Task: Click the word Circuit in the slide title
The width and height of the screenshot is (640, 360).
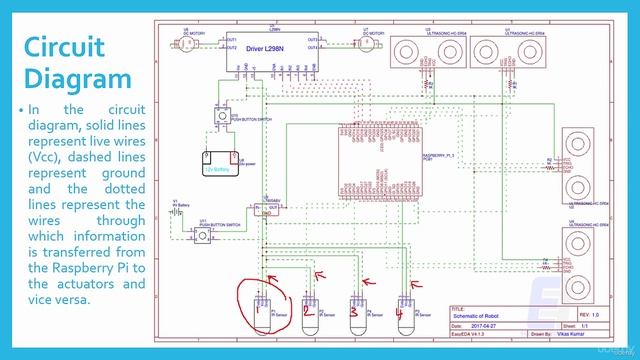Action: click(73, 47)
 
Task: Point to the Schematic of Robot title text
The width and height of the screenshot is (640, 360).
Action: click(485, 315)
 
